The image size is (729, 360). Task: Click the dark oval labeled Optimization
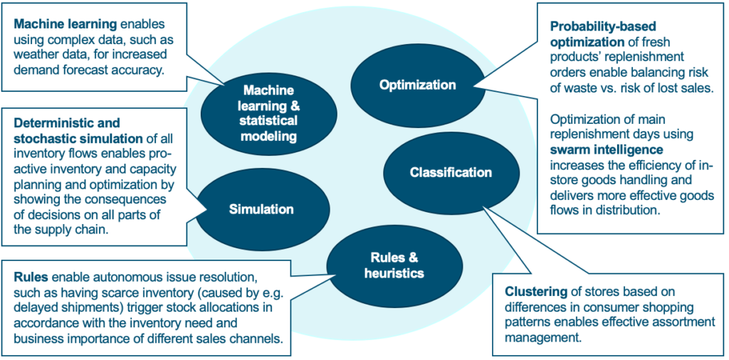click(x=417, y=85)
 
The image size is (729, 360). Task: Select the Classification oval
click(x=451, y=173)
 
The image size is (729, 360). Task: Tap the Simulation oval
click(x=262, y=209)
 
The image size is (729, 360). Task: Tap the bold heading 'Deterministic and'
click(x=67, y=122)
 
